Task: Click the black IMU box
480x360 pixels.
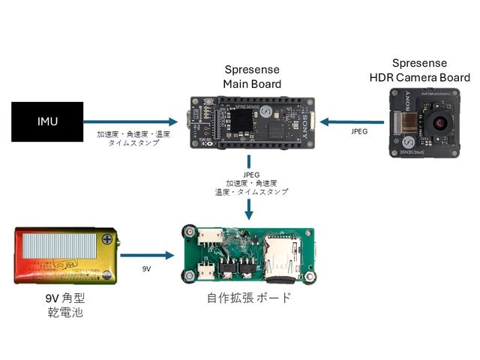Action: pyautogui.click(x=47, y=121)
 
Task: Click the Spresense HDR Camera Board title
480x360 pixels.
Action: pyautogui.click(x=419, y=70)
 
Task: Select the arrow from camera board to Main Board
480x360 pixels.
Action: pyautogui.click(x=349, y=121)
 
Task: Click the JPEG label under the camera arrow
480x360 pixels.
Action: pyautogui.click(x=358, y=131)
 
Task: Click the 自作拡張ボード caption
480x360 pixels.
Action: pyautogui.click(x=248, y=298)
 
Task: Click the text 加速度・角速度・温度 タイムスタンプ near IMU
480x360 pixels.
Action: pyautogui.click(x=133, y=138)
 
